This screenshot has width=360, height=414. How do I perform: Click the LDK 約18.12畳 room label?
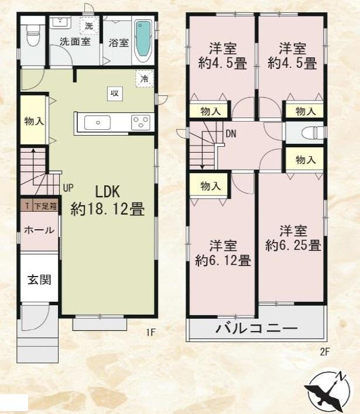(x=107, y=200)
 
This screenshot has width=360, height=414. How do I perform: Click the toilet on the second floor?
(x=310, y=132)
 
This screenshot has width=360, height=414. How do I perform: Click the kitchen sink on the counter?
(x=97, y=122)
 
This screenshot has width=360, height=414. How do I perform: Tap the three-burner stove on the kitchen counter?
(x=140, y=122)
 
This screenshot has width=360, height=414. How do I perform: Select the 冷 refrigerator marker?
(x=143, y=78)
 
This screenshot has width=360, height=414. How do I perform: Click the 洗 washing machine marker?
(x=88, y=26)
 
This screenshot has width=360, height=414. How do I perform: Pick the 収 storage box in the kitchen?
(x=114, y=93)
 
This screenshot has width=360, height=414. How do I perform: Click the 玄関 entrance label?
(x=39, y=280)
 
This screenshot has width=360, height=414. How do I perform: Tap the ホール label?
(x=39, y=230)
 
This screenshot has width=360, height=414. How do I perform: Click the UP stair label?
(x=68, y=188)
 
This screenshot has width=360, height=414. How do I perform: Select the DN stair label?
(x=231, y=134)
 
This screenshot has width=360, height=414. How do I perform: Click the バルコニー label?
(x=255, y=329)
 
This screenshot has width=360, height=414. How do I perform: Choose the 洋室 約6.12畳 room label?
(x=223, y=253)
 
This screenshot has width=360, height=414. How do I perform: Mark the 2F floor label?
(x=325, y=351)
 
